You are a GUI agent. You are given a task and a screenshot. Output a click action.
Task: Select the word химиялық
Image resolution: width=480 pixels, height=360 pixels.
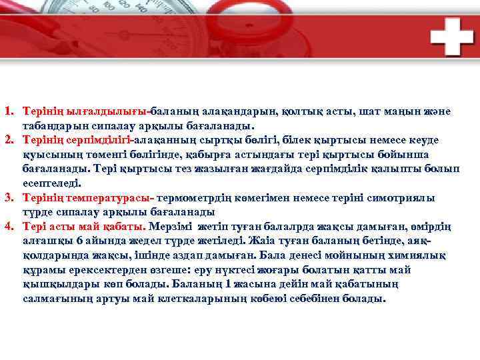click(x=418, y=255)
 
